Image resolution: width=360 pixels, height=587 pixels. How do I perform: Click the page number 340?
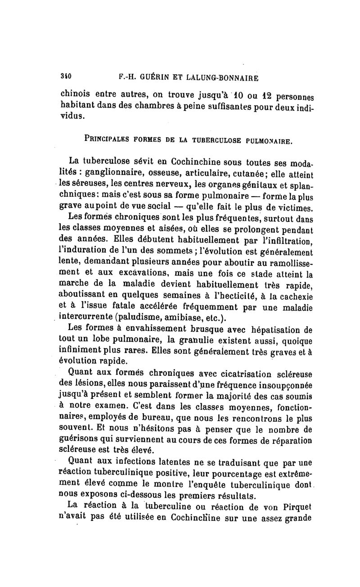(x=66, y=76)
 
